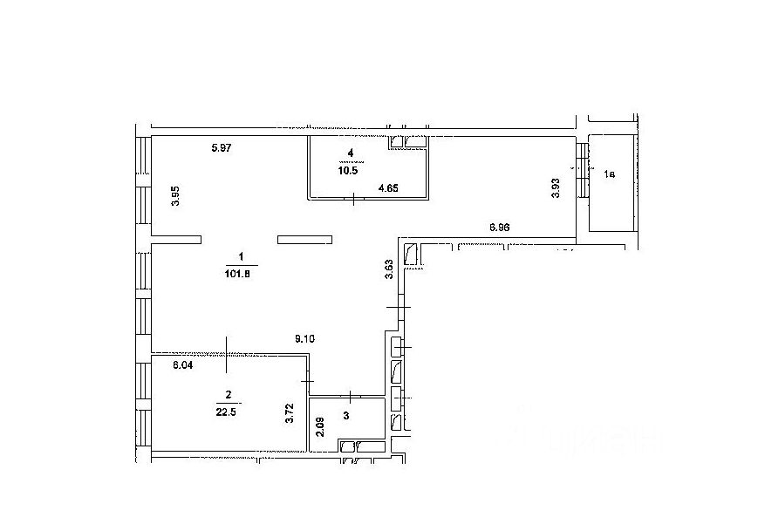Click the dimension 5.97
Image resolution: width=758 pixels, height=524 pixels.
click(222, 148)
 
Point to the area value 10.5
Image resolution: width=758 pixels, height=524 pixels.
click(349, 171)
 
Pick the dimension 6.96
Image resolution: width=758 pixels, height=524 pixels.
click(500, 227)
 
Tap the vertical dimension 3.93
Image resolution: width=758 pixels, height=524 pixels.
click(556, 189)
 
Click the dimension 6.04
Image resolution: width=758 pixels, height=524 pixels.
click(182, 366)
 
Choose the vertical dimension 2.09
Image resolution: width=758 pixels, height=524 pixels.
click(321, 427)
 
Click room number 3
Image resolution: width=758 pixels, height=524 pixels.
click(346, 416)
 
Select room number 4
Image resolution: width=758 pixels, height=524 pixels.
click(352, 153)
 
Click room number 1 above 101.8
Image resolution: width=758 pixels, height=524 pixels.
click(240, 256)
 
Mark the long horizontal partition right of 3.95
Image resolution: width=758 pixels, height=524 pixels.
click(304, 238)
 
